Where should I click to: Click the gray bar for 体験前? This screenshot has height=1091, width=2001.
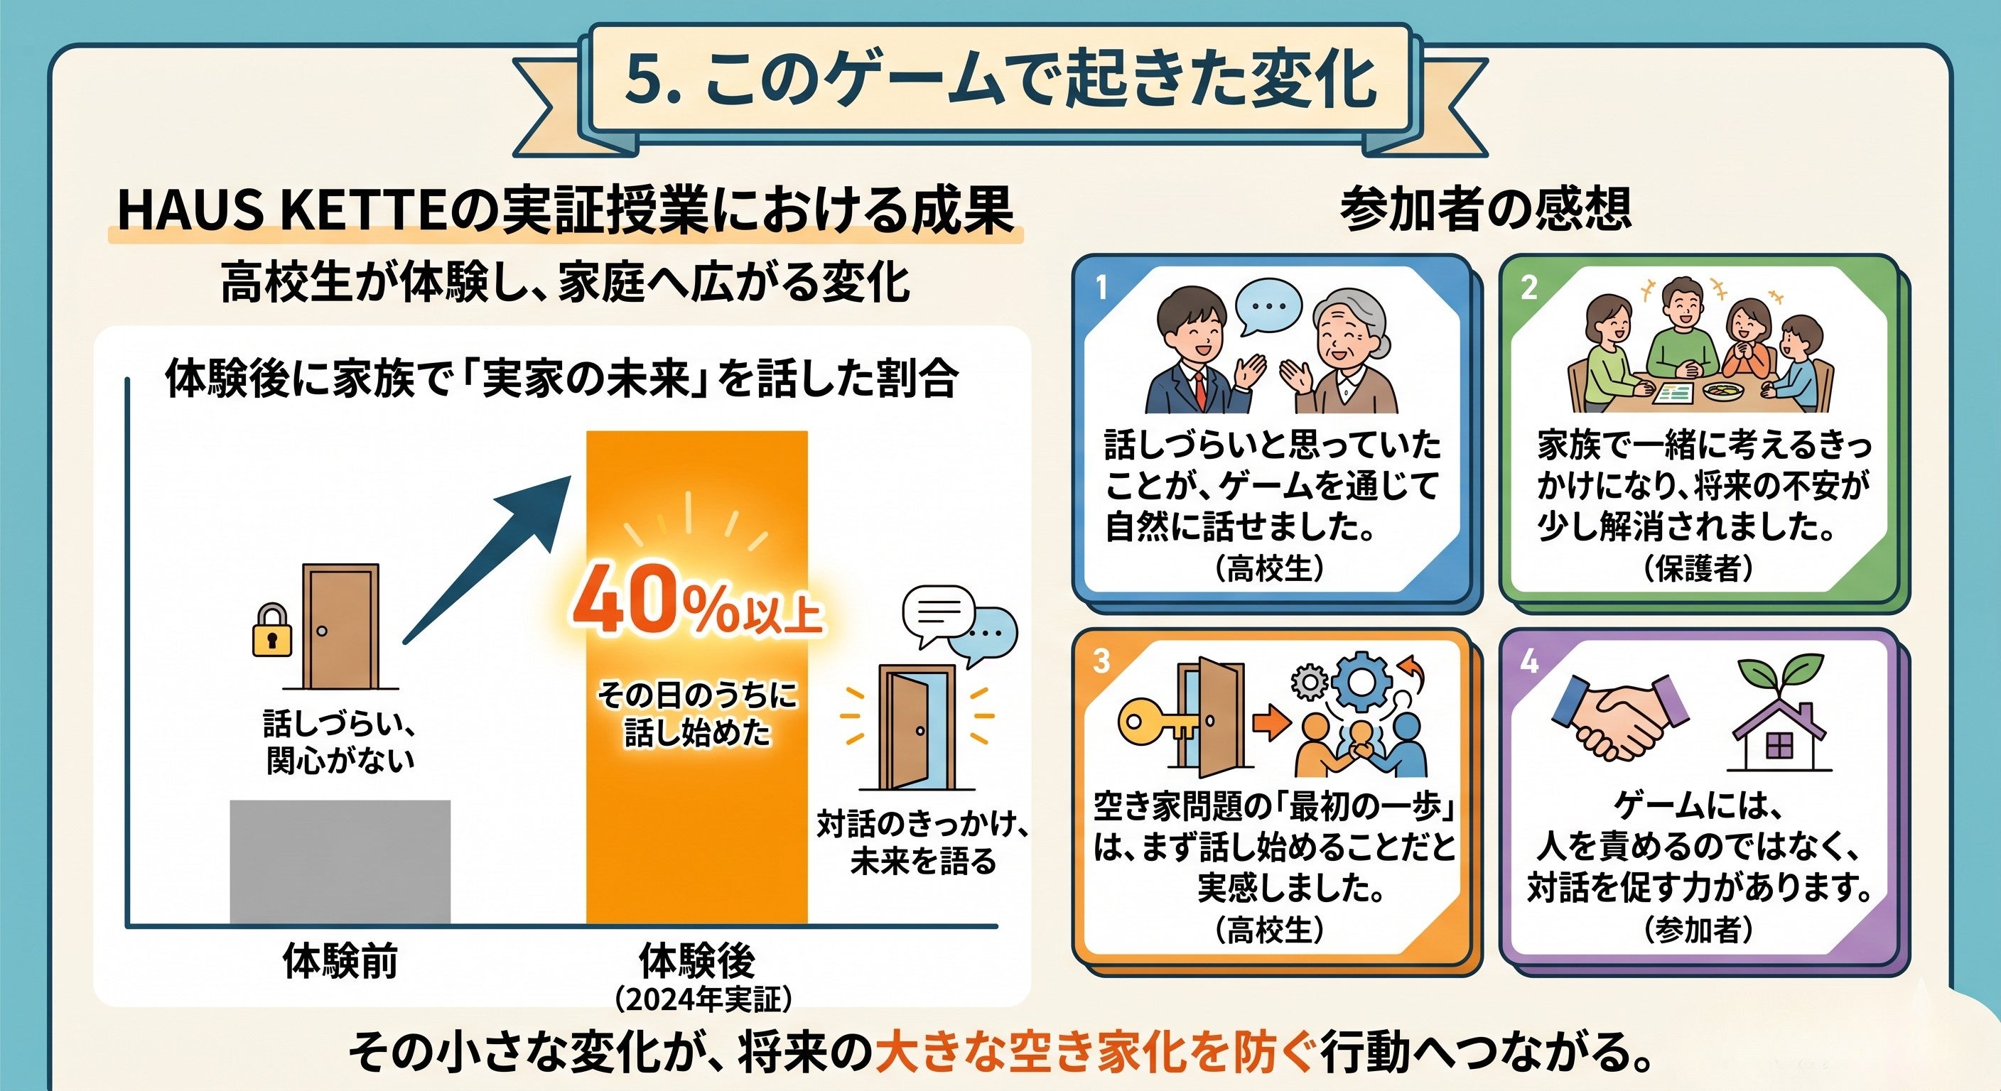click(340, 861)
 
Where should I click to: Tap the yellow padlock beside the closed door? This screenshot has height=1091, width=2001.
click(272, 630)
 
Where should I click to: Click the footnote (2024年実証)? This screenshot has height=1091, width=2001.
click(703, 999)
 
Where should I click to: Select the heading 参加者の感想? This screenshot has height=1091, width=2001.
click(1484, 209)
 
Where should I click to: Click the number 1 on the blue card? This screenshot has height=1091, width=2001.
click(1101, 288)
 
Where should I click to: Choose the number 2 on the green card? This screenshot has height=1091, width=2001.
click(1528, 288)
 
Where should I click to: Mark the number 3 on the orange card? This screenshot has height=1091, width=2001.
click(1101, 661)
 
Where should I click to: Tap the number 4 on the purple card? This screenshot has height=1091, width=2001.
click(1528, 661)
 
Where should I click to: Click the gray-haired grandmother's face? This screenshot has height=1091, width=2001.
click(1349, 335)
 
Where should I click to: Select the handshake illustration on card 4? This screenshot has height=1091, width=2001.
click(1620, 717)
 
